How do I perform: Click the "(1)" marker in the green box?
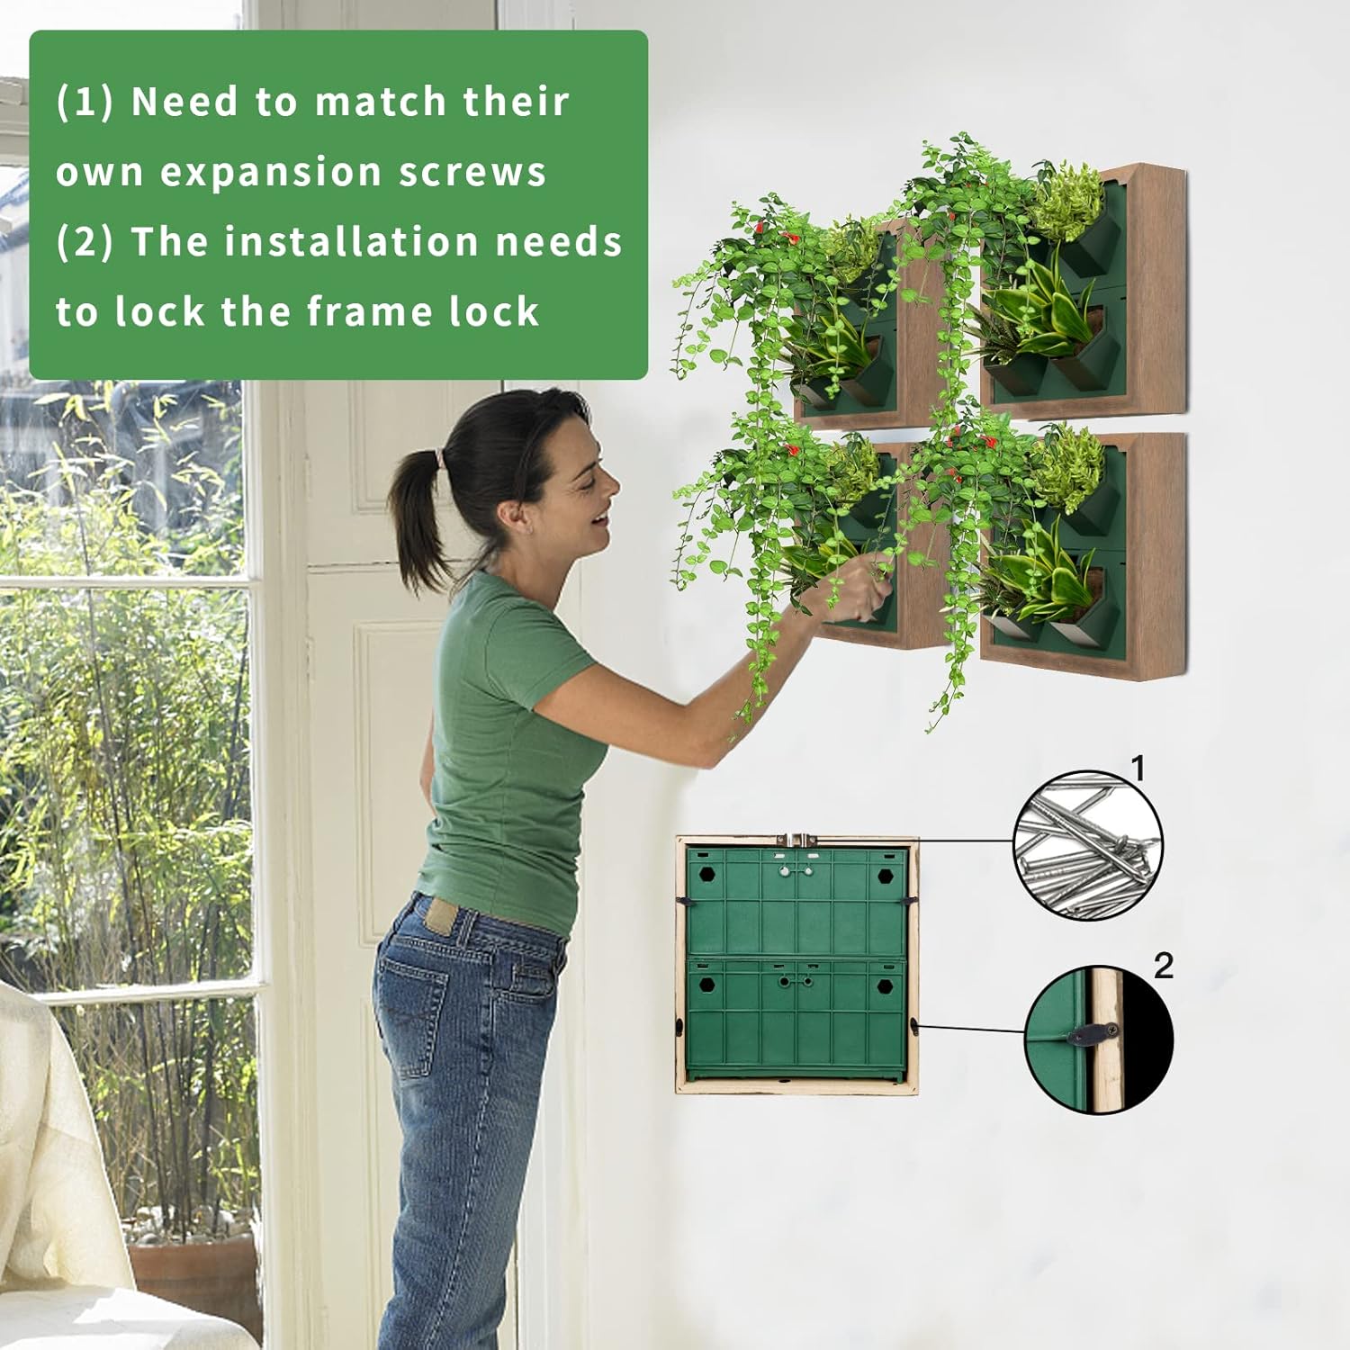pos(85,101)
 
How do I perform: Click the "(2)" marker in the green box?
pos(85,242)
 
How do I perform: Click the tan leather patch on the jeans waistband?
pos(442,916)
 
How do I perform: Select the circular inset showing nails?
pos(1088,845)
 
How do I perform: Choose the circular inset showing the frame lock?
pos(1100,1039)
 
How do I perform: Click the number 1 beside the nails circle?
pos(1138,769)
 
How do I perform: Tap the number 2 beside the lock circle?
pos(1164,966)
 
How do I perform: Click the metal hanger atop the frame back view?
pos(797,840)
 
